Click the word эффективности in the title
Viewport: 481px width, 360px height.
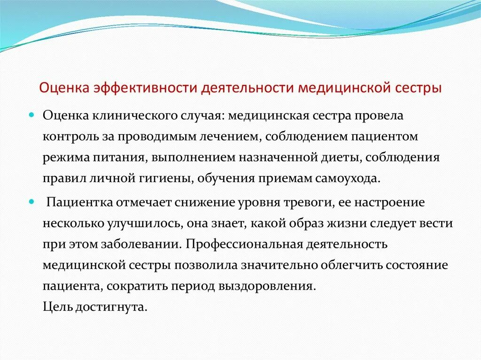click(136, 88)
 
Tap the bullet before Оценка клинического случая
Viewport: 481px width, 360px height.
click(32, 115)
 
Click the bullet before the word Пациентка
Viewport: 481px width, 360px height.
click(32, 201)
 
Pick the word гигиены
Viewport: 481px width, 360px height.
click(169, 178)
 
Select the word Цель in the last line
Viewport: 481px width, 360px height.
click(57, 307)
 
